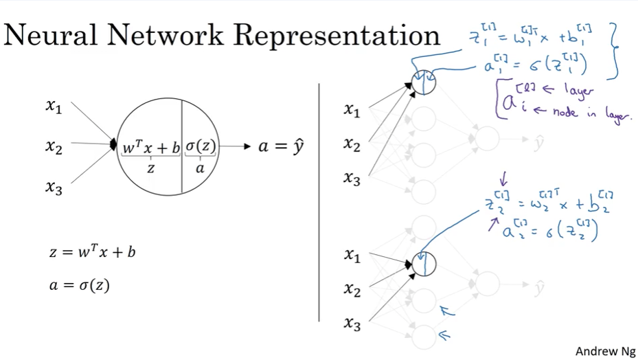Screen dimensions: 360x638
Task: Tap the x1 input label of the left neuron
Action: point(54,107)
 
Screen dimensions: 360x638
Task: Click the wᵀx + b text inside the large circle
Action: point(151,146)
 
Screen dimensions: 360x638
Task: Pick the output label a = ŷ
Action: point(282,146)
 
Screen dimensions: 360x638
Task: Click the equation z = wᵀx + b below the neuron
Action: point(92,253)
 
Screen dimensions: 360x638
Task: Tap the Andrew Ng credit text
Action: point(605,350)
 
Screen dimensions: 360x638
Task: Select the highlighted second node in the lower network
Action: point(424,264)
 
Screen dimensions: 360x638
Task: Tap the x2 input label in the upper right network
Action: point(352,144)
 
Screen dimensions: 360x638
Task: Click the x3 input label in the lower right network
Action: point(352,324)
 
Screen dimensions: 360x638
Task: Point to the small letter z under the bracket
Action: point(151,167)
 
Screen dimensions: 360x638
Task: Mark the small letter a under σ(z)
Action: point(200,167)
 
